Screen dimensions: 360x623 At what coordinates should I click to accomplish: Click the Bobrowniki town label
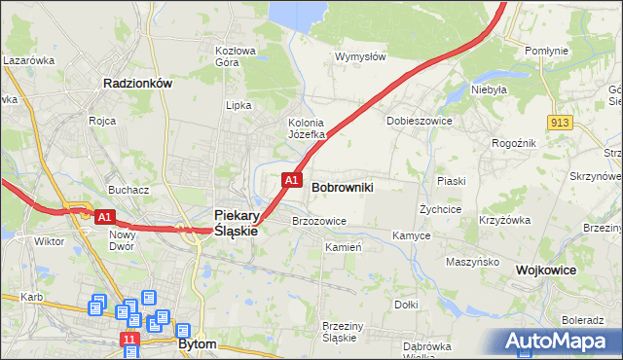(343, 186)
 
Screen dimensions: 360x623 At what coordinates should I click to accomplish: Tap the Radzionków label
(137, 84)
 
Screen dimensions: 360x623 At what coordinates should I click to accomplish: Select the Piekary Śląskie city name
(235, 223)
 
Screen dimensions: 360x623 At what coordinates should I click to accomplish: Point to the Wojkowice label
(546, 270)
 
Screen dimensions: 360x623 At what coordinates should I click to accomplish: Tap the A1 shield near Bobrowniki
(290, 179)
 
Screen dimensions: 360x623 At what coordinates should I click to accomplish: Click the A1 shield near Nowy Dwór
(106, 215)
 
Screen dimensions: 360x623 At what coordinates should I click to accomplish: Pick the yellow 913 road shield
(559, 122)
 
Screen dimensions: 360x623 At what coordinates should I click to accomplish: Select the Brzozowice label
(319, 221)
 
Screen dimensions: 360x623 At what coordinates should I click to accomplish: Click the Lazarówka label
(29, 59)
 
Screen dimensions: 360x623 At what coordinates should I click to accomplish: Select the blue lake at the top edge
(297, 12)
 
